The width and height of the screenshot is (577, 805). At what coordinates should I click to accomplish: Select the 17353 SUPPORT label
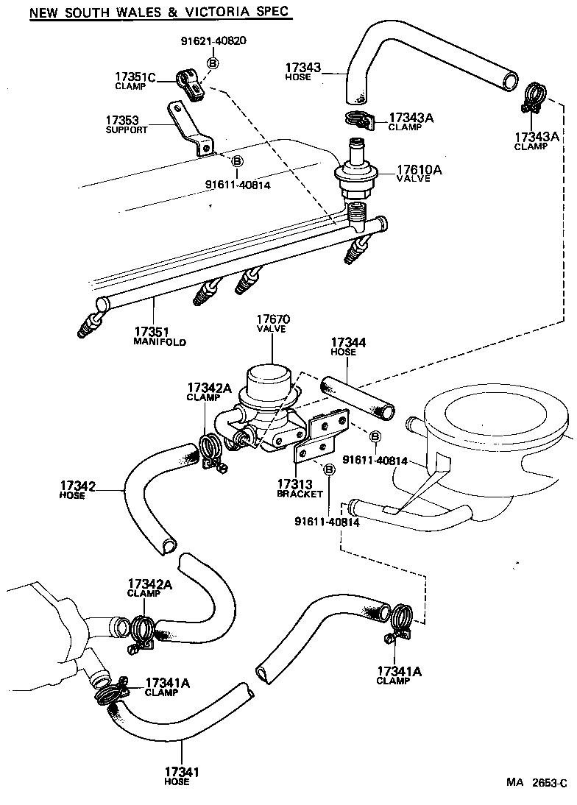point(126,124)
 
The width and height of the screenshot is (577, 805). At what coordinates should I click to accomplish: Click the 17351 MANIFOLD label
point(159,336)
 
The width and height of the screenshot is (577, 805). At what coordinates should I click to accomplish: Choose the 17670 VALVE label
point(273,324)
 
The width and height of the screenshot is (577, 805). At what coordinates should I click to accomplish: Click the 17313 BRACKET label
point(300,489)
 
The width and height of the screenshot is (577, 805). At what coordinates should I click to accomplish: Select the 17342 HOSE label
point(78,490)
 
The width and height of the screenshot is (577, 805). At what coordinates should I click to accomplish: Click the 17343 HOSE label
point(304,71)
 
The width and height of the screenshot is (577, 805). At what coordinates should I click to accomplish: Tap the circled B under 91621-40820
point(213,64)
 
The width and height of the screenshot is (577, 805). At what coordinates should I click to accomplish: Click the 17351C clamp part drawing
point(193,84)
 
